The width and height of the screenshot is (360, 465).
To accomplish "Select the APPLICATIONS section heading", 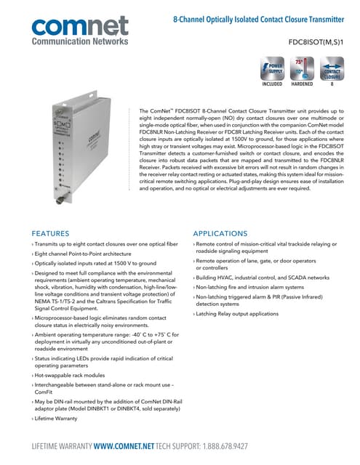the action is (x=221, y=233).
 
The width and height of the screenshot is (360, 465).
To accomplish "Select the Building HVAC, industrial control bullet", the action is (x=262, y=278).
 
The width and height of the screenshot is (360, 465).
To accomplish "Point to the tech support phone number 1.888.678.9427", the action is (x=276, y=448).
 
